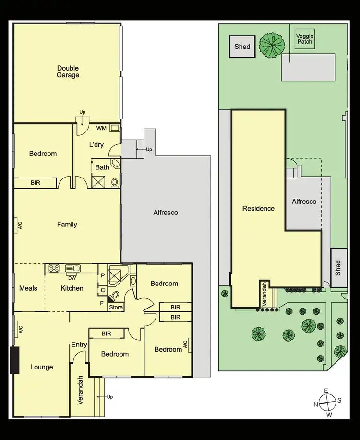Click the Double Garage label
(68, 71)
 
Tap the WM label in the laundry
(101, 128)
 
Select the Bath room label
(102, 167)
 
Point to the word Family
(67, 225)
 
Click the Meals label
(28, 288)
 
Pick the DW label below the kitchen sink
(72, 277)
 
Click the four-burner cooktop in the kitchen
(54, 269)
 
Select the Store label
(116, 307)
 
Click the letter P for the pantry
(103, 276)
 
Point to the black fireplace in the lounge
(14, 360)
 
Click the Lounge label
(42, 367)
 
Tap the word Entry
(79, 345)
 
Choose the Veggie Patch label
(304, 39)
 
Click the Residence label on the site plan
(258, 209)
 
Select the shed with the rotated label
(339, 268)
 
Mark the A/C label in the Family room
(20, 225)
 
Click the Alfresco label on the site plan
(304, 202)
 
